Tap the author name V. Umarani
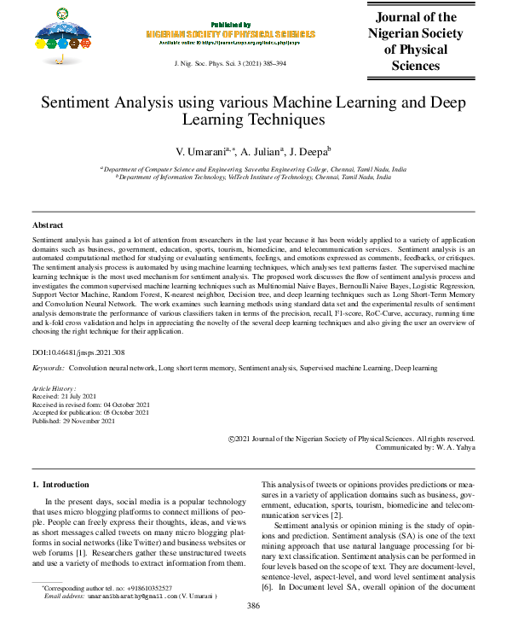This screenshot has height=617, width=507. tap(200, 150)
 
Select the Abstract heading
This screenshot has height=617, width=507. tap(48, 224)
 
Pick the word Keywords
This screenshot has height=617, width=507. tap(48, 368)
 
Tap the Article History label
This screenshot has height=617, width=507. tap(53, 388)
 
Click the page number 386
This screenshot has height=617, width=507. tap(253, 605)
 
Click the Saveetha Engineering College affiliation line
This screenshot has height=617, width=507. tap(253, 170)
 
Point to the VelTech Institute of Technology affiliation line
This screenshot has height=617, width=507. tap(253, 178)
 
